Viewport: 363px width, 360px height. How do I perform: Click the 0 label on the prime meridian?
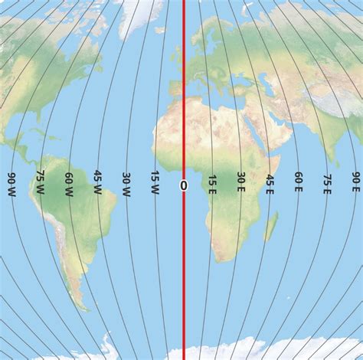(x=183, y=185)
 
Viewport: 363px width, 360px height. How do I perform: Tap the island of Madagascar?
(x=270, y=227)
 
